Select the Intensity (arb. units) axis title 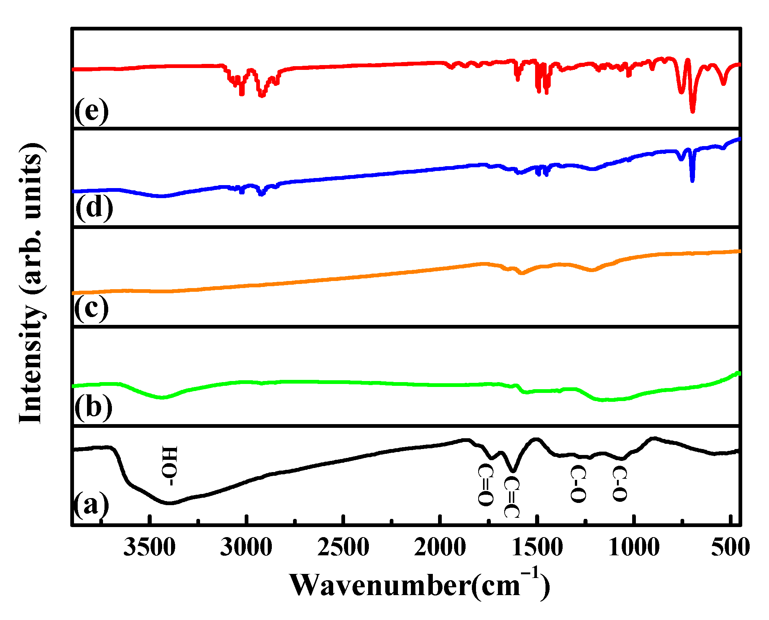(x=32, y=282)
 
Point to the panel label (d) (x=94, y=207)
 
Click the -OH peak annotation (x=169, y=466)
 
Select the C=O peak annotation (x=485, y=485)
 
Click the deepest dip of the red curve (x=692, y=111)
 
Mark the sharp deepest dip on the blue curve (x=692, y=181)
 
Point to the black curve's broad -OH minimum (x=169, y=503)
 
